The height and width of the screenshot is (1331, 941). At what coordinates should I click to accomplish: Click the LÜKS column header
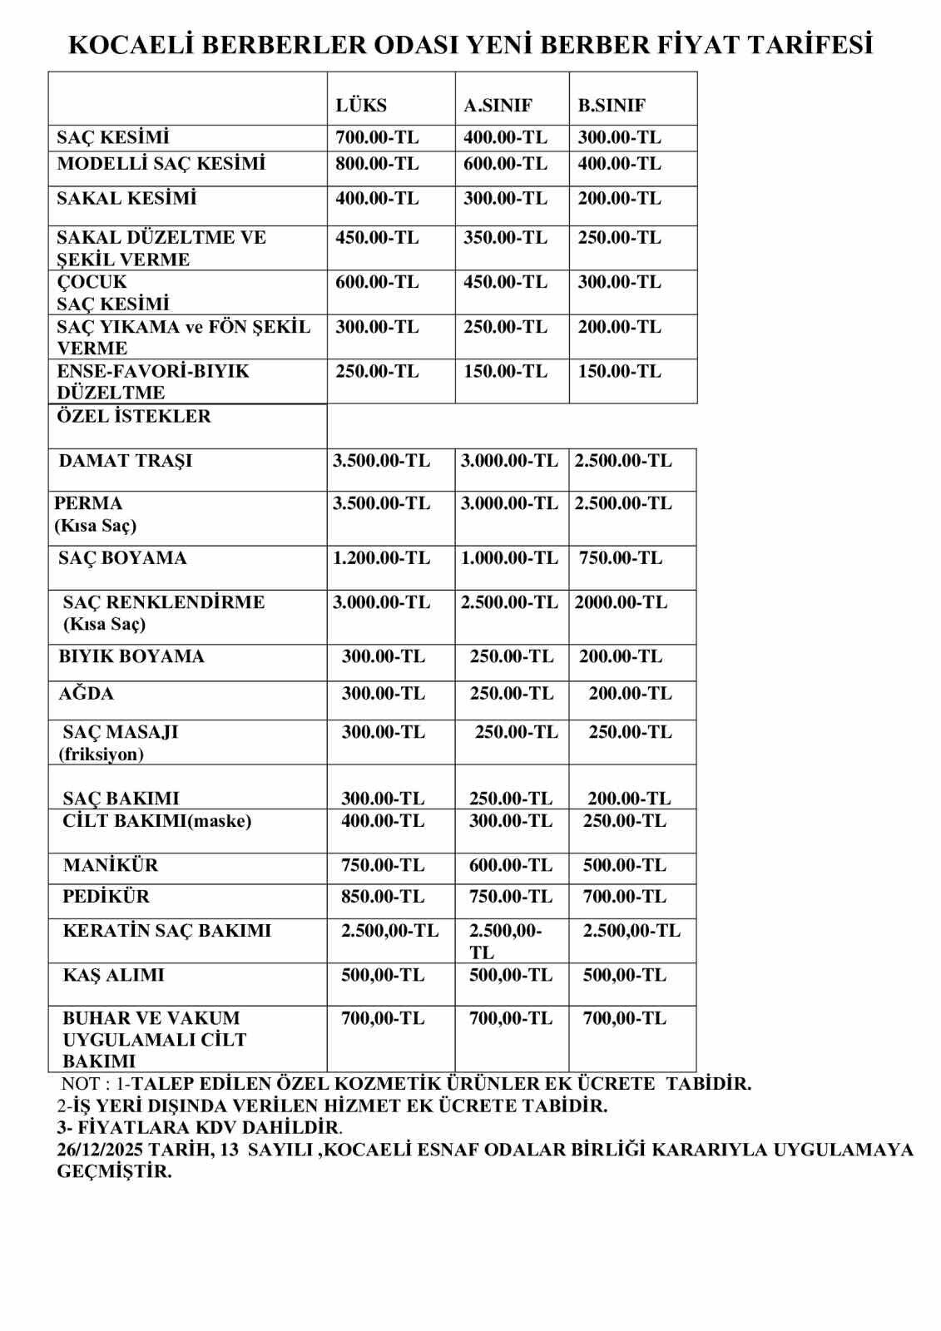click(361, 106)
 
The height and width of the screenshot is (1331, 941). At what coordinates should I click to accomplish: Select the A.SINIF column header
click(498, 106)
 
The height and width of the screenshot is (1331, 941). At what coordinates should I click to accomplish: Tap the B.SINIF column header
click(612, 106)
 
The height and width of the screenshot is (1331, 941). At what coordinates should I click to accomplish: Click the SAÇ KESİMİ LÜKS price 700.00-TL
click(377, 137)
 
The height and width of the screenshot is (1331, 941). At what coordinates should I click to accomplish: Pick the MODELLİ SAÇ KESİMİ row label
click(161, 164)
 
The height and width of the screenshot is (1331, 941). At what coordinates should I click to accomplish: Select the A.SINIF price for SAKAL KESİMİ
click(505, 198)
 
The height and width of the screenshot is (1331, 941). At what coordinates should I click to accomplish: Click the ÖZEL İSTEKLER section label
click(133, 416)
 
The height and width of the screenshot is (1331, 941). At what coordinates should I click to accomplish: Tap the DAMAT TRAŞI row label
click(125, 461)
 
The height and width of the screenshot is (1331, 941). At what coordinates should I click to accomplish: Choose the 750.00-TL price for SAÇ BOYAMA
click(621, 558)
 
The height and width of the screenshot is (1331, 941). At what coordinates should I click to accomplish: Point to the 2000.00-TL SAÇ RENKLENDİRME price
click(621, 602)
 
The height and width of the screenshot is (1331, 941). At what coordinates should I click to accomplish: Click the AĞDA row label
click(86, 694)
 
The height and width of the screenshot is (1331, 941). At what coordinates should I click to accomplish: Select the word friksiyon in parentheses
click(101, 755)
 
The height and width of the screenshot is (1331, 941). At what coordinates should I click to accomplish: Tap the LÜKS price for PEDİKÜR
click(383, 897)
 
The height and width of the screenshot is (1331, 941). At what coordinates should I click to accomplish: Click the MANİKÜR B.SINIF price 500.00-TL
click(625, 865)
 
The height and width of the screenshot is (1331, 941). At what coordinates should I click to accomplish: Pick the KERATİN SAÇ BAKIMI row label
click(166, 931)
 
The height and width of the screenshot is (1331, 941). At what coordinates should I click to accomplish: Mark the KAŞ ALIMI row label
click(113, 975)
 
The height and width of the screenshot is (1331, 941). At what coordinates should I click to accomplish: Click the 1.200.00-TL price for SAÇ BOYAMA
click(382, 558)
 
